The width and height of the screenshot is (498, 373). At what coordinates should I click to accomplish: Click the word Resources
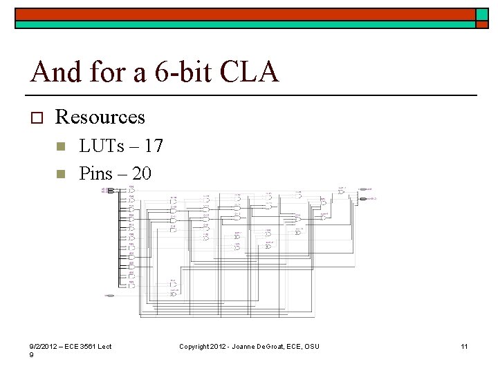click(100, 117)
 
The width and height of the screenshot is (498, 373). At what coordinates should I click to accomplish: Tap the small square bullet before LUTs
click(60, 146)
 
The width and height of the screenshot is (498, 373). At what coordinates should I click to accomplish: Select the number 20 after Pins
click(141, 173)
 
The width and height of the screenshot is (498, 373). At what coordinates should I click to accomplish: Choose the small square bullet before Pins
click(60, 173)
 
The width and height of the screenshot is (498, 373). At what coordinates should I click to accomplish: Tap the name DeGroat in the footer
click(267, 346)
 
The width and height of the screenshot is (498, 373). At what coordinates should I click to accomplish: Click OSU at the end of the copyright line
click(312, 346)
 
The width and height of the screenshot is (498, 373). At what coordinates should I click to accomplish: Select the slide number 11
click(465, 346)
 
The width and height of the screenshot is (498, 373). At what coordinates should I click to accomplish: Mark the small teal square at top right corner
click(482, 15)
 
